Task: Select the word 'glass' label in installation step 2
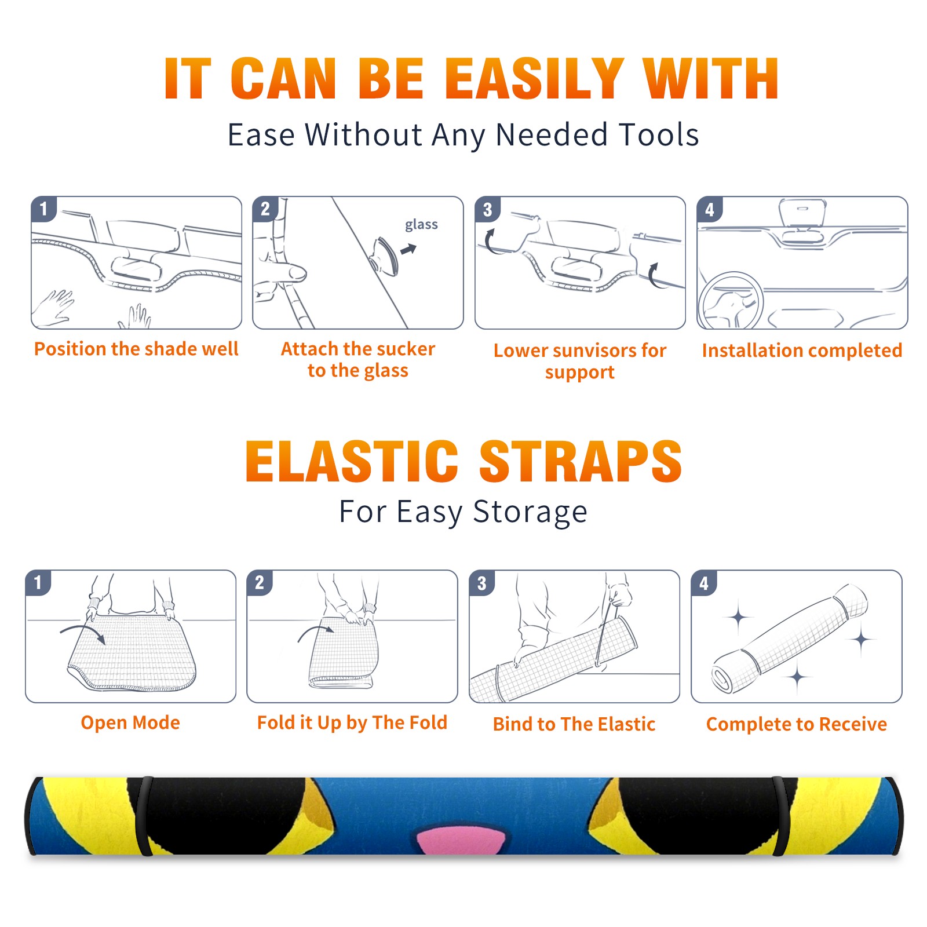pos(421,224)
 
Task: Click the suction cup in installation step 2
pos(385,255)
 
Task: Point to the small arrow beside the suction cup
pos(408,249)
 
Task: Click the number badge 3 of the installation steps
pos(487,209)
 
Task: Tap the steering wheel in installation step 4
pos(731,301)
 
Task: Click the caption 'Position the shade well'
pos(136,349)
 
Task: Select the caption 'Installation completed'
pos(802,351)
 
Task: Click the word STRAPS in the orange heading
pos(581,461)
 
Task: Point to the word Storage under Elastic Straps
pos(530,512)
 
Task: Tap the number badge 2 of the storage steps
pos(259,582)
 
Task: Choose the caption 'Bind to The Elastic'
pos(574,724)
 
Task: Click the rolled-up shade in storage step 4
pos(790,638)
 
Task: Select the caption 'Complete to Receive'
pos(797,724)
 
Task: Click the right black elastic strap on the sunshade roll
pos(780,816)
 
